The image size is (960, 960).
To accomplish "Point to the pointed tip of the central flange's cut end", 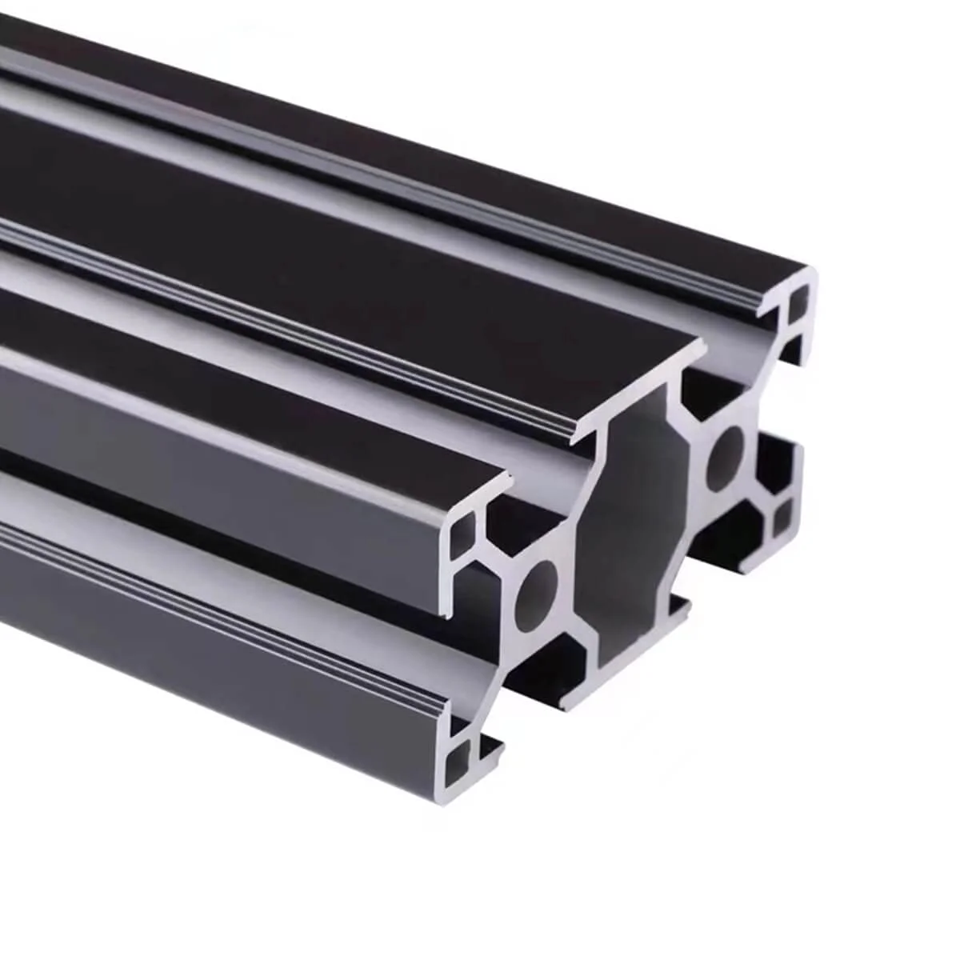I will click(x=704, y=344).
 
